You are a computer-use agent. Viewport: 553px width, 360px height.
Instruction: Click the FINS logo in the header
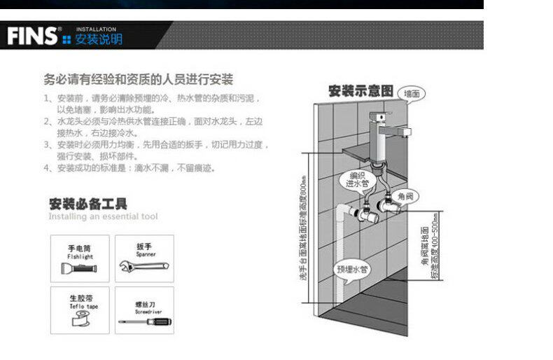[x=31, y=36]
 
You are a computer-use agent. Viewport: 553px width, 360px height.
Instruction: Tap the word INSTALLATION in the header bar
[x=96, y=29]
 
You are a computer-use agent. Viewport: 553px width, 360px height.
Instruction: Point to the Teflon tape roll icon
[x=78, y=321]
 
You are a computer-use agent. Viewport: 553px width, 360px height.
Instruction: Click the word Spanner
[x=146, y=255]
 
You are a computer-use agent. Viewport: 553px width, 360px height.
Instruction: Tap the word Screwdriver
[x=146, y=309]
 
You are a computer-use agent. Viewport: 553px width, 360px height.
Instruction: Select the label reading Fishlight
[x=80, y=256]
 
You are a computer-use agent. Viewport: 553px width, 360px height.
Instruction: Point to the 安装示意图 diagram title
[x=360, y=91]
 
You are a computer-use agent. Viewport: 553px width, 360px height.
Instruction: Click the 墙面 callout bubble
[x=412, y=93]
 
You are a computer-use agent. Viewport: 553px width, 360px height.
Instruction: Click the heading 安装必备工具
[x=88, y=205]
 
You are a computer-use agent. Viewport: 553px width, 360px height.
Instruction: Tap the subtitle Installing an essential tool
[x=103, y=217]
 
